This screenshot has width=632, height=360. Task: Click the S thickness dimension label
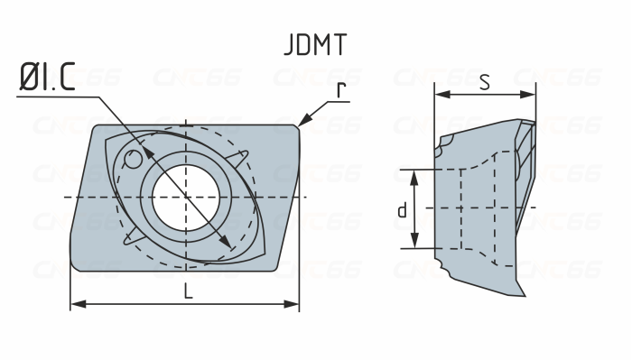point(484,83)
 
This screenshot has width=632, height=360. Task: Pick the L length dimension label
point(186,291)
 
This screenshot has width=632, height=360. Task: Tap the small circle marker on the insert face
point(134,162)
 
